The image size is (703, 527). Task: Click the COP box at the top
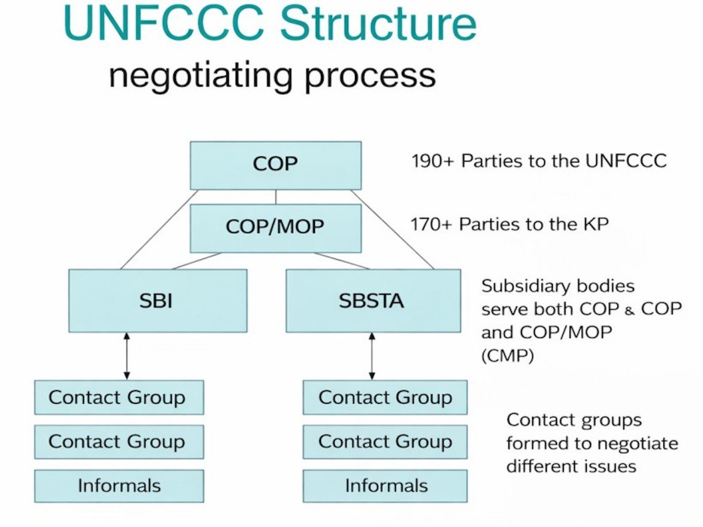(x=275, y=165)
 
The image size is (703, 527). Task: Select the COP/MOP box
(x=275, y=228)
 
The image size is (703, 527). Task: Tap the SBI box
(x=157, y=300)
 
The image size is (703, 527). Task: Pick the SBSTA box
(x=372, y=300)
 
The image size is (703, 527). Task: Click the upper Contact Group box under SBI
(x=118, y=397)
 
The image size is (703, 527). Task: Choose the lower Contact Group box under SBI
(x=118, y=441)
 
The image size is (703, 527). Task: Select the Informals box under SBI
(x=118, y=486)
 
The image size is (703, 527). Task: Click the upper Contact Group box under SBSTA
(x=385, y=397)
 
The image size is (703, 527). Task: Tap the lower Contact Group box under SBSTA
(x=385, y=441)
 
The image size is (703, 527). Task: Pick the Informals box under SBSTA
(x=385, y=486)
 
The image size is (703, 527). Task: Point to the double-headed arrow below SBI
(x=127, y=356)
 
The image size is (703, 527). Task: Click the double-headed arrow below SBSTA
(x=371, y=356)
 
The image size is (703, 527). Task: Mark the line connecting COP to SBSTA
(x=393, y=229)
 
